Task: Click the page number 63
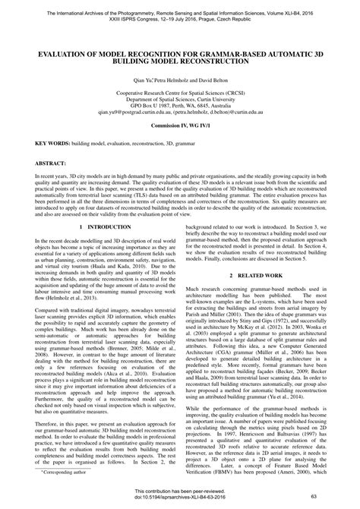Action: (x=324, y=497)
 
